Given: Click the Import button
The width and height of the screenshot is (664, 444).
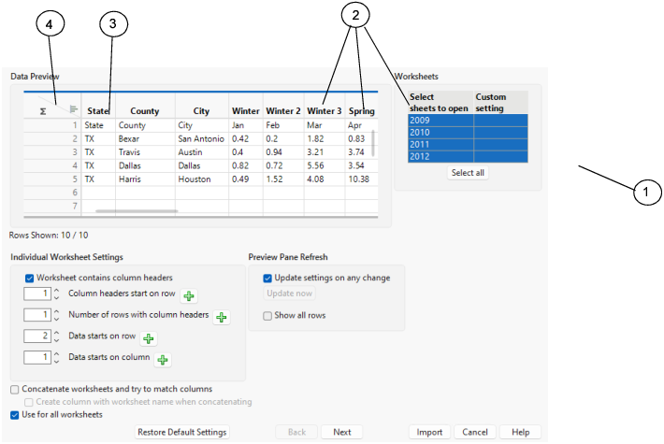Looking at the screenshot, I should tap(430, 432).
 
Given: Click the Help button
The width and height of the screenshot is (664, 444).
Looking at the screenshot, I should tap(520, 432).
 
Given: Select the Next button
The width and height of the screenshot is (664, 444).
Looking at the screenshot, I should tap(341, 432).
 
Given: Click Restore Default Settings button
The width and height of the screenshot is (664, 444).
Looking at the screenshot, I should tap(182, 432).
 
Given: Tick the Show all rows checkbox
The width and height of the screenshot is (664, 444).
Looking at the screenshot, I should tap(268, 316).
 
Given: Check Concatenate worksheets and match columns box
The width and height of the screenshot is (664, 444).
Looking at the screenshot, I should tap(16, 389).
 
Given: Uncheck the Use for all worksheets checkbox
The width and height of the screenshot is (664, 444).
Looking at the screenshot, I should tap(16, 414).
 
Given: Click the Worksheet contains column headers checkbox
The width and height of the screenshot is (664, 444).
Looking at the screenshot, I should tap(30, 278).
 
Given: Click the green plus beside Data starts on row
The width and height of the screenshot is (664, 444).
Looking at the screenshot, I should tap(148, 338).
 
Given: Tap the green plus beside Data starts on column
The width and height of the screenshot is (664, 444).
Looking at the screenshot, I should tap(162, 359).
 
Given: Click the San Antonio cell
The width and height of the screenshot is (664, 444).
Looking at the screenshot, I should tap(200, 138).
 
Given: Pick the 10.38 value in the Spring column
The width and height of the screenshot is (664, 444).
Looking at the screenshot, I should tap(359, 179).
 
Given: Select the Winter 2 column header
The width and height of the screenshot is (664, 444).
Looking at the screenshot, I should tap(283, 111).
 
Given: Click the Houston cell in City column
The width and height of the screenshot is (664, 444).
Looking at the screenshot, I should tap(195, 179).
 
